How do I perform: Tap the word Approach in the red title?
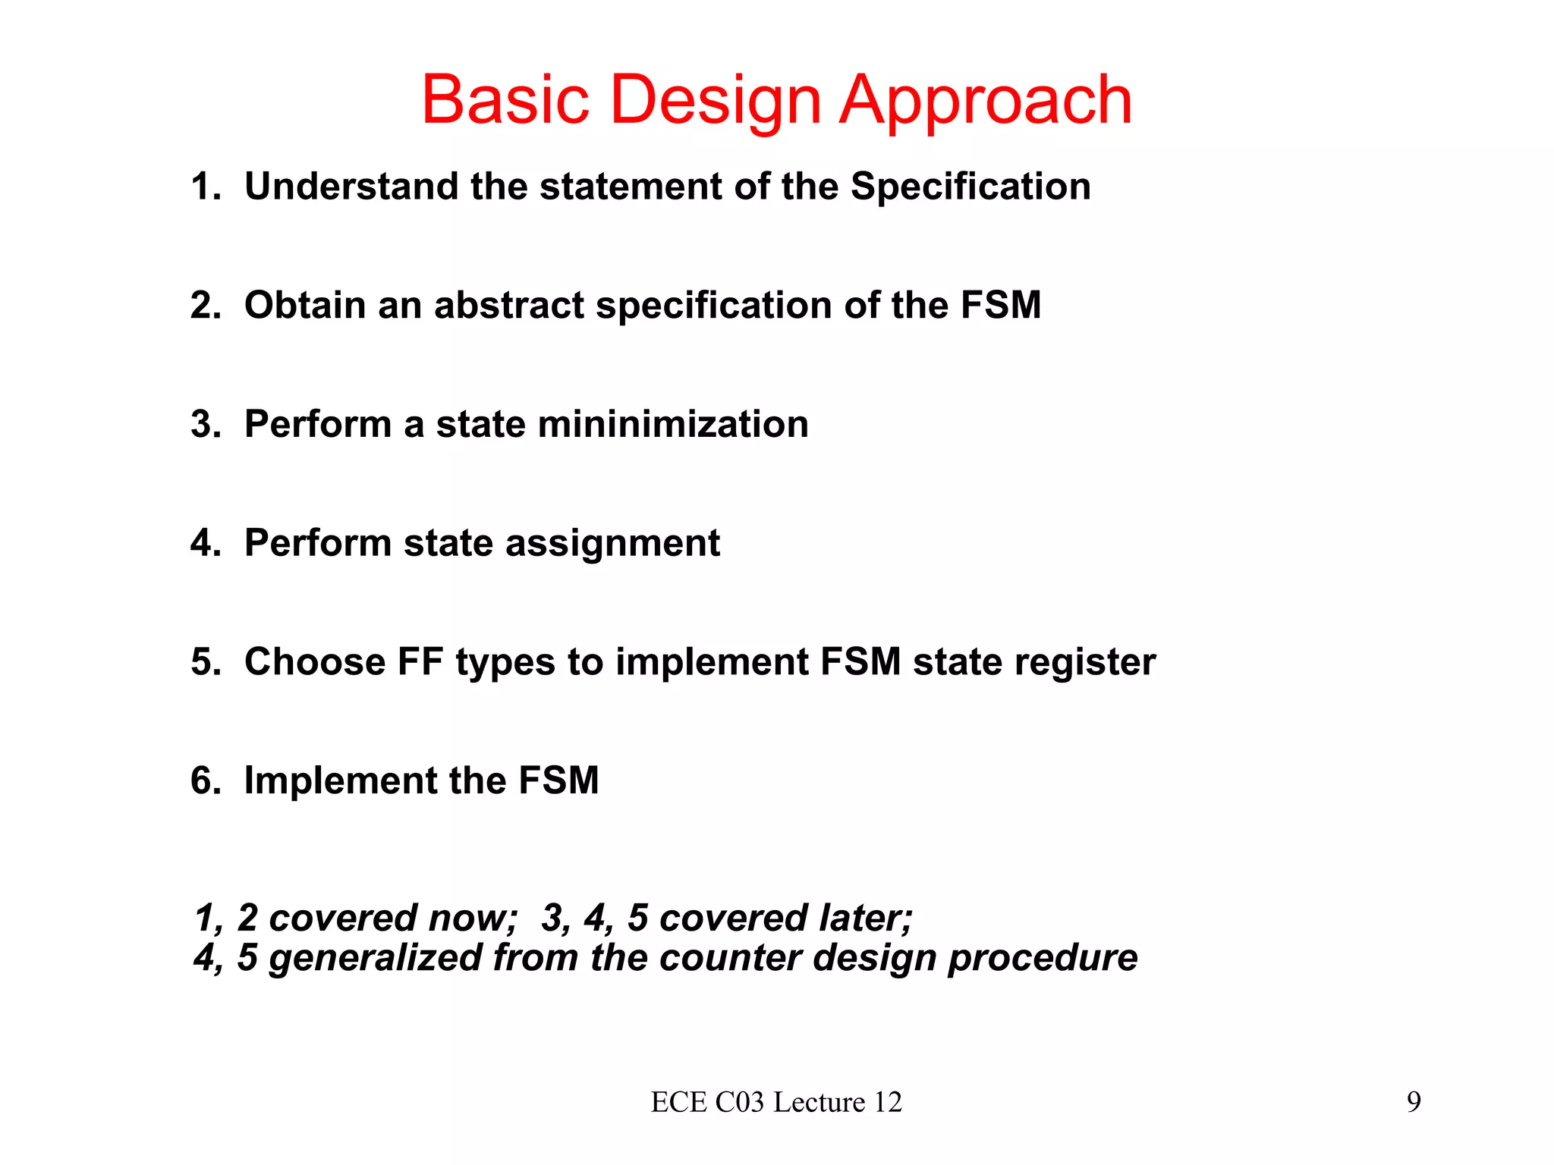986,101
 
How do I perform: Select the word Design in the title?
716,101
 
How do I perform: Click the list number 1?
203,187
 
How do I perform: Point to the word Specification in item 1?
970,187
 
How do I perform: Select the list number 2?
203,305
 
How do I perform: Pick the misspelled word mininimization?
673,424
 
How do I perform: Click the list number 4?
203,543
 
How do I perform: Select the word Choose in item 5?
315,661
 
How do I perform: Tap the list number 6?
203,780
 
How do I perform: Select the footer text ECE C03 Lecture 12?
776,1102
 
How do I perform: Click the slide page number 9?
1414,1102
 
